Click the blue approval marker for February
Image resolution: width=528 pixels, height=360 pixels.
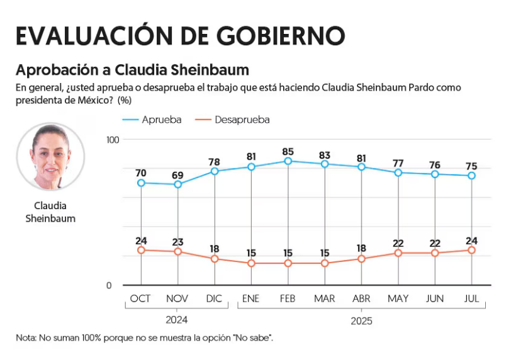point(288,161)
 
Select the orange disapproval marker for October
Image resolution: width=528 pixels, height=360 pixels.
point(141,250)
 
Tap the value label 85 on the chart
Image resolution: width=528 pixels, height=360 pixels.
point(288,151)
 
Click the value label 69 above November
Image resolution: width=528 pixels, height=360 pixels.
point(177,174)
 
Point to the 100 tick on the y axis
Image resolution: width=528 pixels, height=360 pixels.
point(113,139)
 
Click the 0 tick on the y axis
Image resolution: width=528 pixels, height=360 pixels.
point(109,286)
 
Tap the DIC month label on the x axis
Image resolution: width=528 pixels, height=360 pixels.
point(214,298)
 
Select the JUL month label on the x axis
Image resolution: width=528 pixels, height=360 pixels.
point(471,298)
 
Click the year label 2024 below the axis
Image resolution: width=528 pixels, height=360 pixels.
point(177,319)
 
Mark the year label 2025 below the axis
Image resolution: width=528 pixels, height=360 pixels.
point(361,320)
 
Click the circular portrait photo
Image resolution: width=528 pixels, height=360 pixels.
point(50,156)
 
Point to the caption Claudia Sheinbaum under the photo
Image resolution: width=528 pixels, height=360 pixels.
point(50,212)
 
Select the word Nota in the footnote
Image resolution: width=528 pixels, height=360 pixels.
point(26,338)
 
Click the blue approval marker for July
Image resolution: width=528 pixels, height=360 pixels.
point(471,176)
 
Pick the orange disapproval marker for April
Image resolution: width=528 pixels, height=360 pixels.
point(361,259)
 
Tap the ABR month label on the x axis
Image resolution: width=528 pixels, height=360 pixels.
point(361,298)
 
